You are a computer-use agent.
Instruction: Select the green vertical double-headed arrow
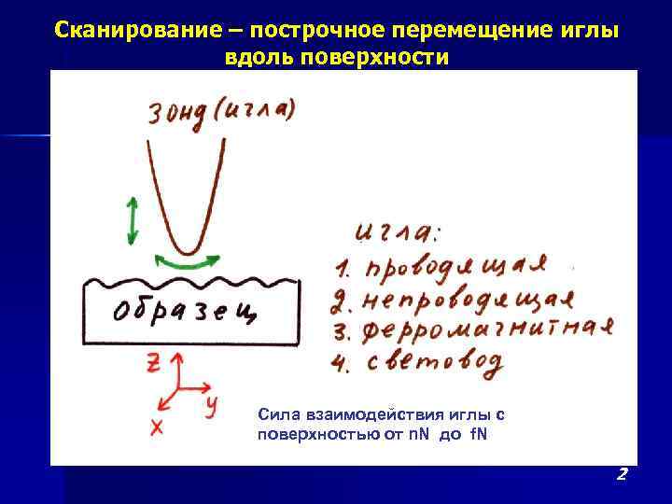click(x=132, y=222)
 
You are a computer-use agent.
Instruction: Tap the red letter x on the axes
click(x=156, y=427)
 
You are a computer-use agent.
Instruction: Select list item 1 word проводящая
click(x=454, y=267)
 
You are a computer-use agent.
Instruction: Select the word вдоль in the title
click(x=252, y=57)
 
